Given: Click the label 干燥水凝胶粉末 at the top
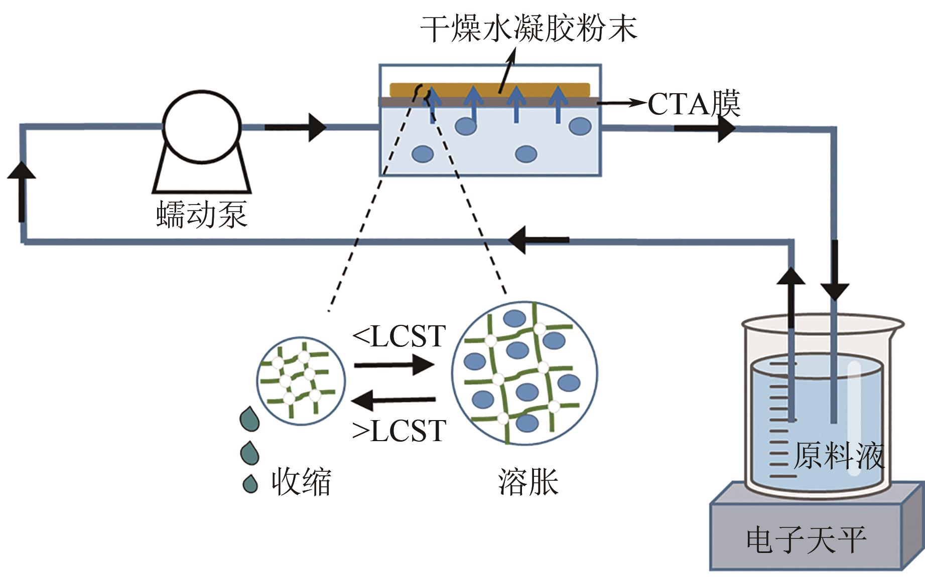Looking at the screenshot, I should tap(528, 29).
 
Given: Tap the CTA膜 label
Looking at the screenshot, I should tap(694, 104).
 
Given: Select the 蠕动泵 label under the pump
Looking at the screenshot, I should tap(202, 215).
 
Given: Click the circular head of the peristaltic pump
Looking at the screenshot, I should tap(202, 126).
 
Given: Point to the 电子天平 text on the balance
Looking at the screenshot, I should tap(806, 540).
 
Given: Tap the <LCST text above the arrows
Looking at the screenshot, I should tap(399, 336).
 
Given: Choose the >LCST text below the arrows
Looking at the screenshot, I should tap(399, 431).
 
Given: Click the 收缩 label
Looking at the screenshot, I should tap(301, 482).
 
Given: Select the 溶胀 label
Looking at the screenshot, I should tap(528, 482).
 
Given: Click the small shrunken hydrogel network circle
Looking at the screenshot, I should tap(301, 381).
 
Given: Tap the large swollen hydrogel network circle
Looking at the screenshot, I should tap(524, 373).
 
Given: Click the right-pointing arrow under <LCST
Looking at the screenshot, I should tap(394, 364).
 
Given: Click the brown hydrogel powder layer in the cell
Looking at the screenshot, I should tap(489, 89).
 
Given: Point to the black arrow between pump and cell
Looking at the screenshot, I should tap(296, 127).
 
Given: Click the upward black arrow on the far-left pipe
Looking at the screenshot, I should tap(22, 190).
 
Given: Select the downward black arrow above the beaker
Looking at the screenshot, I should tap(834, 271).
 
